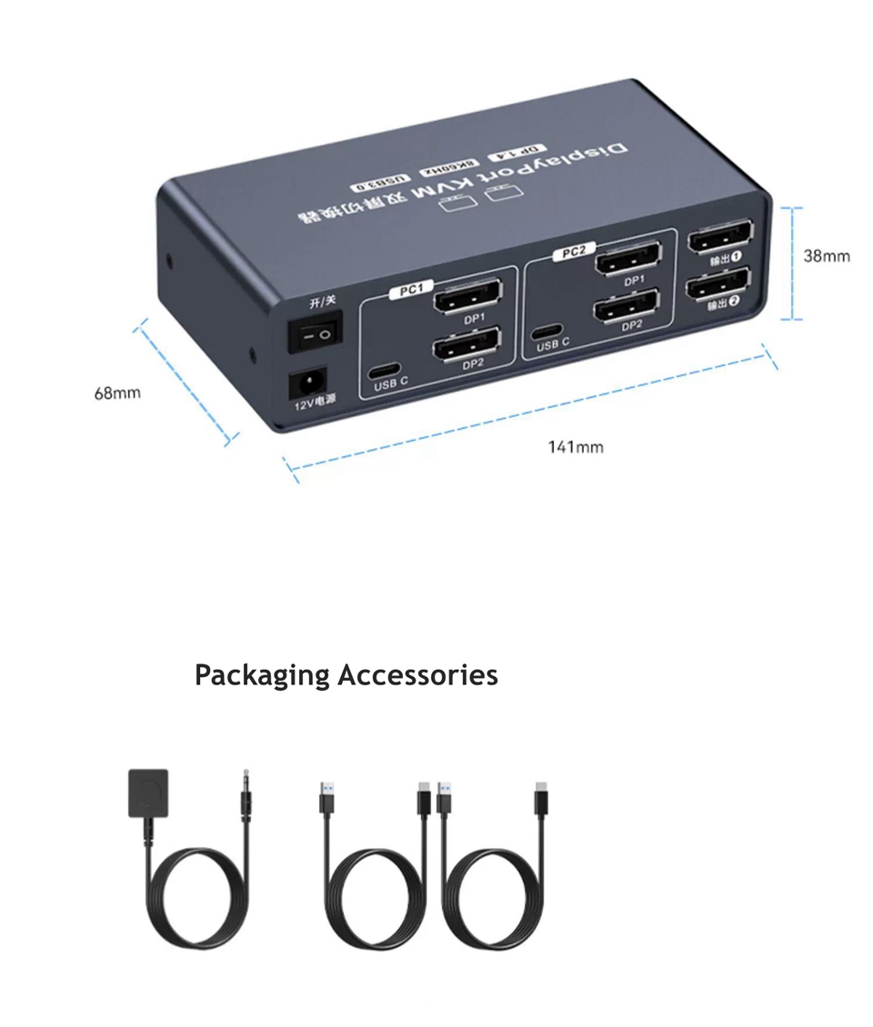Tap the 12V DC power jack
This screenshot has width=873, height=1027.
click(x=307, y=384)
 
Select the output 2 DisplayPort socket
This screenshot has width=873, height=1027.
click(x=717, y=285)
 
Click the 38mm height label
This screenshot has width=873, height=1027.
click(x=826, y=256)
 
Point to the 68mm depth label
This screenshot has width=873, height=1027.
click(x=117, y=394)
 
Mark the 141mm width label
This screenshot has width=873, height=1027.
click(x=575, y=446)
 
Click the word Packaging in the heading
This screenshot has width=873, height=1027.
click(x=262, y=675)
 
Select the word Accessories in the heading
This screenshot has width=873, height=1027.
click(x=417, y=675)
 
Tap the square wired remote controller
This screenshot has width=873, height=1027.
click(x=148, y=794)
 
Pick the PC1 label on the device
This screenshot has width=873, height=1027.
click(x=410, y=290)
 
